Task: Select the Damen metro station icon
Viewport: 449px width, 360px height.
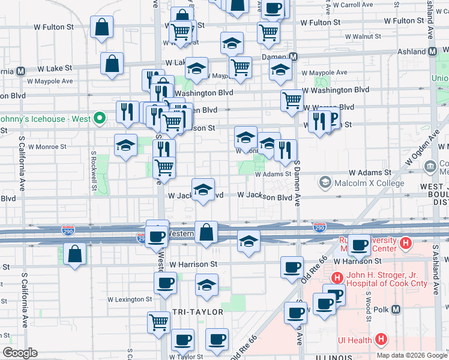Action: click(x=294, y=57)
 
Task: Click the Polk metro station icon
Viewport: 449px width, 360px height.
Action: click(x=396, y=309)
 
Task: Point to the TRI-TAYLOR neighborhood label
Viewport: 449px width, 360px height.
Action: click(x=197, y=312)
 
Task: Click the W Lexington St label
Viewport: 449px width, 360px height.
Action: click(x=130, y=299)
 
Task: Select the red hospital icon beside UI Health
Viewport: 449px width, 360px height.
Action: click(x=380, y=340)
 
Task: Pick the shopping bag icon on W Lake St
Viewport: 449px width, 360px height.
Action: click(x=112, y=64)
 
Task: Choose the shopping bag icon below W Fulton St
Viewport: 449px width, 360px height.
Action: click(x=101, y=26)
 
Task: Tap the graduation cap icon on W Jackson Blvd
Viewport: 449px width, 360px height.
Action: click(x=203, y=189)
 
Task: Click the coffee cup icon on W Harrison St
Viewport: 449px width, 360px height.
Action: click(x=292, y=266)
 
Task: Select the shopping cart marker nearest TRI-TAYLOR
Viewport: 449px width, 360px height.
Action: click(x=159, y=322)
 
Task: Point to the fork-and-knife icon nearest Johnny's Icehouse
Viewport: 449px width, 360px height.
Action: click(x=127, y=111)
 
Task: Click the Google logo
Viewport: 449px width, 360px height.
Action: click(x=20, y=353)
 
